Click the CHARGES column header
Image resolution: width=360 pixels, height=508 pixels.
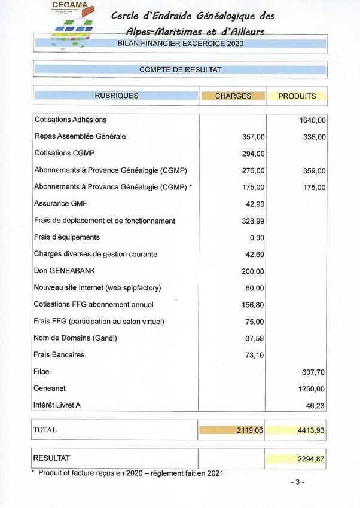coord(233,96)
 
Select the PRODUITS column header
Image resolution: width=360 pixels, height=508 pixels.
coord(297,96)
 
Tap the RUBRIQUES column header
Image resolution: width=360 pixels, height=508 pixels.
coord(116,96)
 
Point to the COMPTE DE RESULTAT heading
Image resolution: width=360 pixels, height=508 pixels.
coord(180,70)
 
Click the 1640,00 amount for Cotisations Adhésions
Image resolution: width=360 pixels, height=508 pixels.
coord(313,120)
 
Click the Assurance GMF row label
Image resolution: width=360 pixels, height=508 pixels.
coord(60,204)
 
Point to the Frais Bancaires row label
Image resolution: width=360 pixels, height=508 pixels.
coord(59,354)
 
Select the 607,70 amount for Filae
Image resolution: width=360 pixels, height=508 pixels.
coord(313,371)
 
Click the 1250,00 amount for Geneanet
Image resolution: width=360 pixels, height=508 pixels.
coord(312,388)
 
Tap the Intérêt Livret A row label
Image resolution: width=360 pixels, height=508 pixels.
coord(57,405)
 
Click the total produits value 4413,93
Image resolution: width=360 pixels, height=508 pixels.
coord(311,429)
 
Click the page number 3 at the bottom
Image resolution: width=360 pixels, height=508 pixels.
coord(297,482)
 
